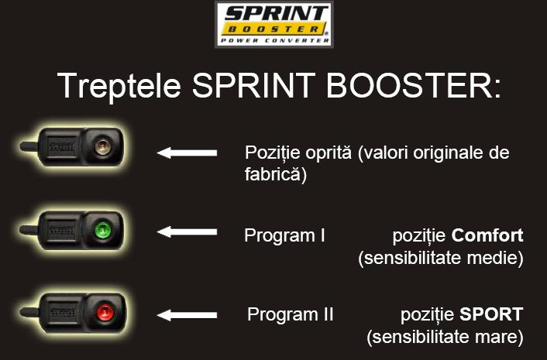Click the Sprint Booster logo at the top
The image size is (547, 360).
tap(273, 25)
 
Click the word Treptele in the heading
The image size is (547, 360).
tap(119, 86)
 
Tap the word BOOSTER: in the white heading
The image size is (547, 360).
tap(414, 85)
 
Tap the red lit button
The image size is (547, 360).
tap(105, 312)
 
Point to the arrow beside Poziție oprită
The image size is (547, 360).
tap(187, 153)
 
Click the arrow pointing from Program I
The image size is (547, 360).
tap(187, 231)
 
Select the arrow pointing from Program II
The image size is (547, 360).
tap(187, 315)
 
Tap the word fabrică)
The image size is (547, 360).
tap(276, 174)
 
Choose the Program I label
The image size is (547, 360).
tap(284, 235)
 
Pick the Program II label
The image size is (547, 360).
tap(291, 314)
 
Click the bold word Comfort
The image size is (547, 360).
tap(487, 235)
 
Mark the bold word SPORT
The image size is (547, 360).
tap(491, 314)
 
